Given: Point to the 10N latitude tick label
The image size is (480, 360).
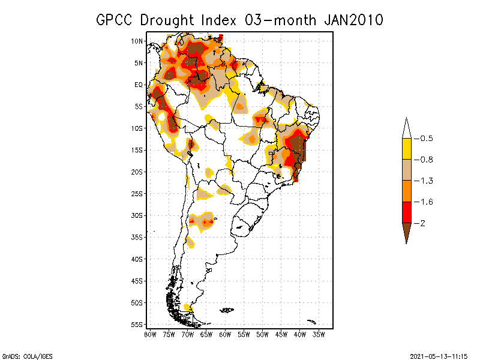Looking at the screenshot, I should [x=137, y=41].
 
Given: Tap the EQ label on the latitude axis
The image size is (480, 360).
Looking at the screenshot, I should [x=138, y=85].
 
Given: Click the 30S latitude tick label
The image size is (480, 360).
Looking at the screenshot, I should [x=137, y=215].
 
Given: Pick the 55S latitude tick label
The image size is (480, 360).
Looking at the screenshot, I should [x=137, y=325].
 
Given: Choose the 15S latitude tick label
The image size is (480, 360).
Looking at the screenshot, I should [x=137, y=150].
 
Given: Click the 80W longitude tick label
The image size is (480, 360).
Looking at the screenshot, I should [x=150, y=334].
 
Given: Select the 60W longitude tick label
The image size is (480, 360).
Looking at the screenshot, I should [x=225, y=334].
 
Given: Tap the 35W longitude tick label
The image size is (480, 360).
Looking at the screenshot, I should [x=319, y=334].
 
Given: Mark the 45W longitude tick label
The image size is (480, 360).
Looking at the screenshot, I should [x=281, y=334].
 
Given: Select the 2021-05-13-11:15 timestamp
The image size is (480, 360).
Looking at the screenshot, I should [x=439, y=356].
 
